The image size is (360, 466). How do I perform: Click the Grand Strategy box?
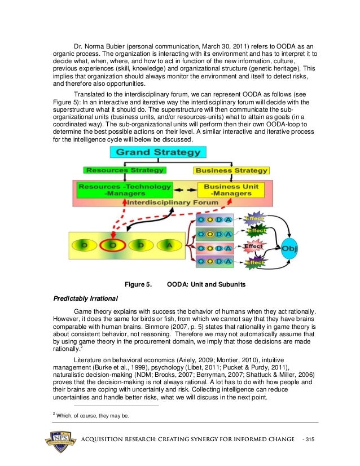pyautogui.click(x=158, y=152)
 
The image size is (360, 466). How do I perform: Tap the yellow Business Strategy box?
pyautogui.click(x=231, y=170)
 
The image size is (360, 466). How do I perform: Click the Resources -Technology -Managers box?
pyautogui.click(x=124, y=190)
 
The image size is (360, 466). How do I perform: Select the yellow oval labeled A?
pyautogui.click(x=168, y=245)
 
